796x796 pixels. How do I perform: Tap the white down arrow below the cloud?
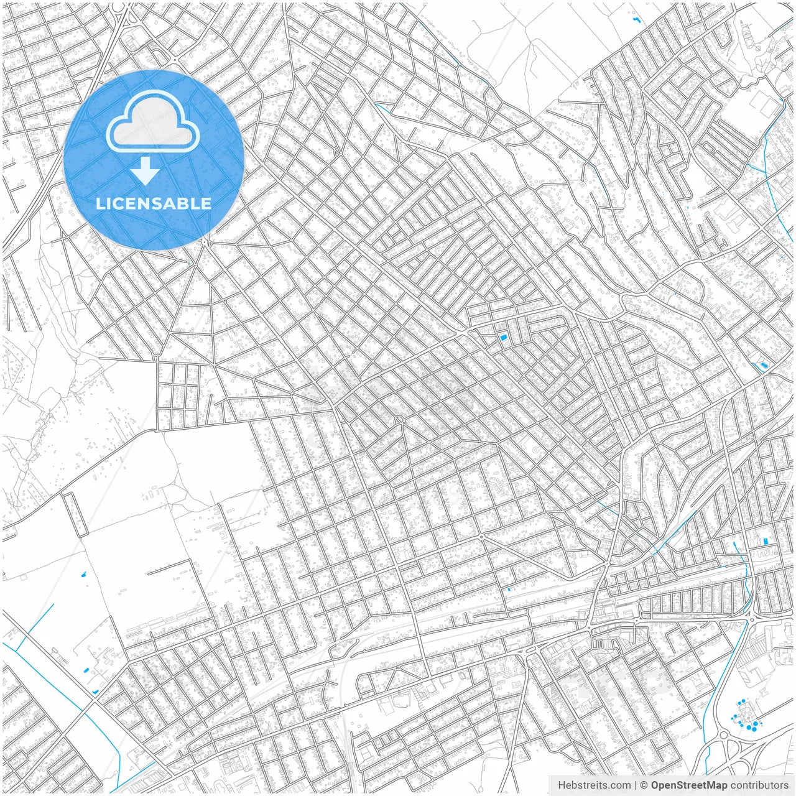point(145,171)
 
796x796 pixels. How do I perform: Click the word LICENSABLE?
point(154,203)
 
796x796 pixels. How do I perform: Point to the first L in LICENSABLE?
point(99,203)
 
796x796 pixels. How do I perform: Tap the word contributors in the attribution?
point(759,785)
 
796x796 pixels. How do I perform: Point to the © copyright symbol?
point(644,785)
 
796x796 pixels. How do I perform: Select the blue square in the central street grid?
point(502,338)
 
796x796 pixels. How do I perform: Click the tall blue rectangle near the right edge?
point(766,541)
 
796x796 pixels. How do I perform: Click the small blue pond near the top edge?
point(636,21)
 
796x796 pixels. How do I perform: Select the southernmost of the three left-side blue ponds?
point(95,692)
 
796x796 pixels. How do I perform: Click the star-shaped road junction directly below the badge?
point(206,241)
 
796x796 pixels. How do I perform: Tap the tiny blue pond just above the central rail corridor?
point(509,589)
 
